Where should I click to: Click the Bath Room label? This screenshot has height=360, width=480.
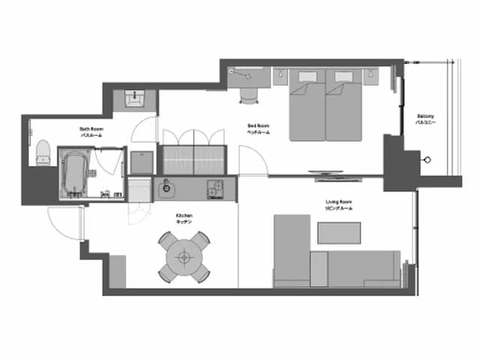91,131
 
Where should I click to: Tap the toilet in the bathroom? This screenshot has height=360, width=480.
43,152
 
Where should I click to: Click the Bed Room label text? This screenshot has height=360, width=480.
258,128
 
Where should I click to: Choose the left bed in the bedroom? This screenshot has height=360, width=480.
306,109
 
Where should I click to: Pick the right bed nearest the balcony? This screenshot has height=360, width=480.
345,109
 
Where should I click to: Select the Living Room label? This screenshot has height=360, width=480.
339,205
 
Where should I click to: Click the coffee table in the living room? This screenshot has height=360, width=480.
338,233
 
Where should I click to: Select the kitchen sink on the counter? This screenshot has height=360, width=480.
166,187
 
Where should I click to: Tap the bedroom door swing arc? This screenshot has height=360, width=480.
251,159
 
